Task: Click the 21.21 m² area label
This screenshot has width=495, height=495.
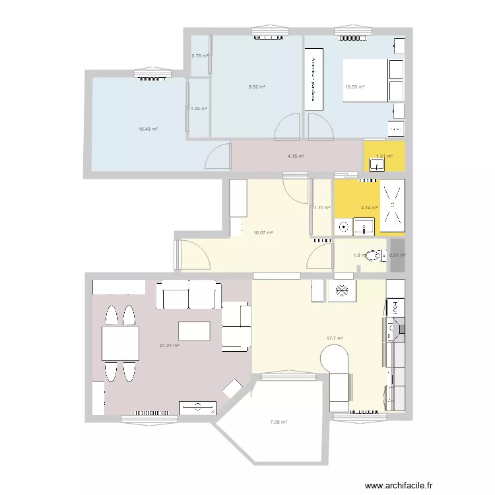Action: pyautogui.click(x=170, y=345)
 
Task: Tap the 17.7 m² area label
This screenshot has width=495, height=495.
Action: pyautogui.click(x=335, y=339)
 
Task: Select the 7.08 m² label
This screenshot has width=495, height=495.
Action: pyautogui.click(x=278, y=422)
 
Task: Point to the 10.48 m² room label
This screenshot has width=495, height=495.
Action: pyautogui.click(x=148, y=129)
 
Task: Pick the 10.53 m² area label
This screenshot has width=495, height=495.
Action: pyautogui.click(x=354, y=87)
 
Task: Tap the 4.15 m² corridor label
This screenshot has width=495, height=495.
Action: pyautogui.click(x=295, y=156)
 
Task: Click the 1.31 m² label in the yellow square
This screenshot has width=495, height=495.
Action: pyautogui.click(x=383, y=156)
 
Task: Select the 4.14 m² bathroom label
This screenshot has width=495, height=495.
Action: pyautogui.click(x=369, y=207)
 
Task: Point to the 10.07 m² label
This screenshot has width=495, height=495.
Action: pyautogui.click(x=263, y=232)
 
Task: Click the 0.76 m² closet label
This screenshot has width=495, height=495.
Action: pyautogui.click(x=199, y=55)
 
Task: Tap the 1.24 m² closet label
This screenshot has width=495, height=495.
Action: pyautogui.click(x=199, y=109)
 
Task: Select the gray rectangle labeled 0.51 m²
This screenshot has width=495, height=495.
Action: pyautogui.click(x=397, y=255)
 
